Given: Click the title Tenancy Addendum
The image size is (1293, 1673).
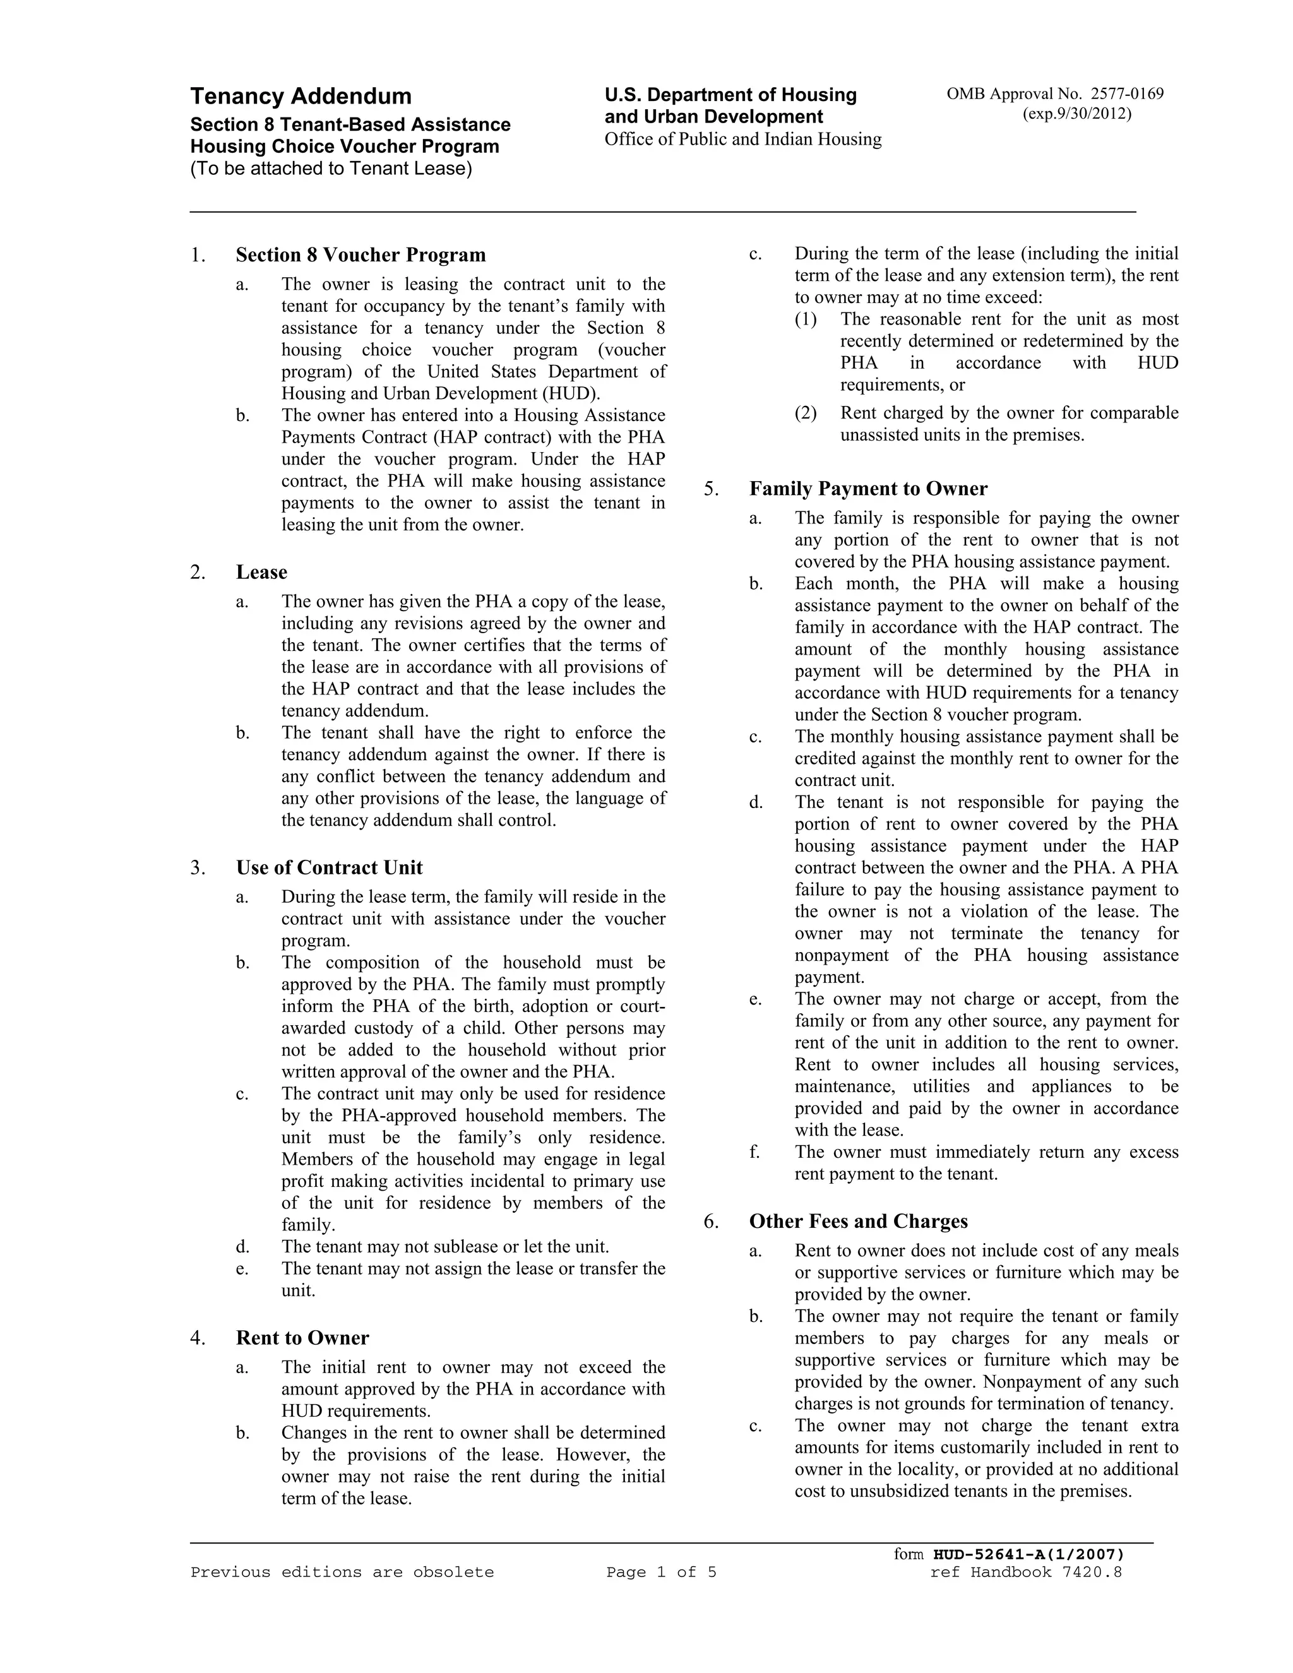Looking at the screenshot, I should tap(301, 97).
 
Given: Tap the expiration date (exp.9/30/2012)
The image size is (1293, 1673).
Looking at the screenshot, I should tap(1077, 114).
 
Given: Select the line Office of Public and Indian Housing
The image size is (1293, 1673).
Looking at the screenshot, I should tap(742, 140).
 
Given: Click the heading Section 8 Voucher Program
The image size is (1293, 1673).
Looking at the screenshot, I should tap(360, 255).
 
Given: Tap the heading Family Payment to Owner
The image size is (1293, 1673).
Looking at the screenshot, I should tap(868, 489).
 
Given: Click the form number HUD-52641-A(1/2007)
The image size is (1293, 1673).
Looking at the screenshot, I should tap(1028, 1554).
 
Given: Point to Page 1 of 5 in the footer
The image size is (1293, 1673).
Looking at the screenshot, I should tap(661, 1573).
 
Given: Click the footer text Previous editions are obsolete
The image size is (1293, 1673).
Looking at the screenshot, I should tap(342, 1573).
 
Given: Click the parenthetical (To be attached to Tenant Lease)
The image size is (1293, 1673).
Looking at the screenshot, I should tap(331, 169).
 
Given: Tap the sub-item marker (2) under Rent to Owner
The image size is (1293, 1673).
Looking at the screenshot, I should tap(805, 413).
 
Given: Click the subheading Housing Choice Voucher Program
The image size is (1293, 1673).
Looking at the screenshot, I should tap(344, 146).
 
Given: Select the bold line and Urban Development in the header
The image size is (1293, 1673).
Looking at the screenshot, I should tap(713, 117).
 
